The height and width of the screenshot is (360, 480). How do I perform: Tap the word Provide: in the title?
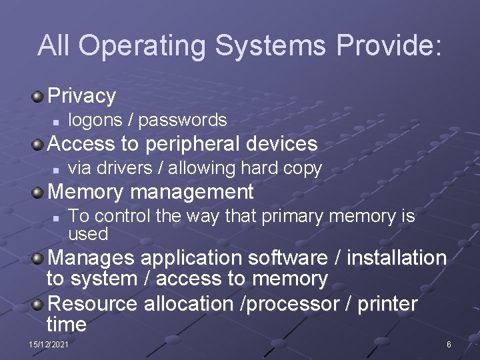tap(389, 45)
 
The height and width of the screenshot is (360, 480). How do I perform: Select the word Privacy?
tap(82, 96)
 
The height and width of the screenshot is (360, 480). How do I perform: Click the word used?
tap(88, 234)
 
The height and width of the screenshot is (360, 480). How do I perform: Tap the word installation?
tap(397, 257)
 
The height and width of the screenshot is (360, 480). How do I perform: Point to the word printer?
tap(387, 304)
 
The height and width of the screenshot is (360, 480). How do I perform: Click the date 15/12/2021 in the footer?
tap(49, 344)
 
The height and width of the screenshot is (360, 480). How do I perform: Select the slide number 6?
tap(449, 344)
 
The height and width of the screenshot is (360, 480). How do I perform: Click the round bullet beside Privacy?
tap(39, 97)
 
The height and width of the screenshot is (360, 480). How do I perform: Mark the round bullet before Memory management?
tap(39, 193)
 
